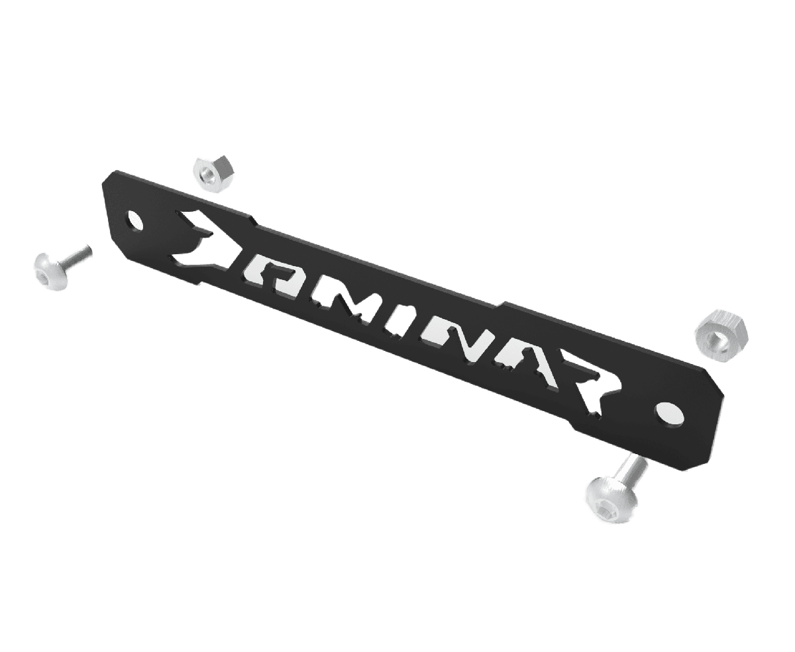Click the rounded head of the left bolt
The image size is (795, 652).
[x=51, y=271]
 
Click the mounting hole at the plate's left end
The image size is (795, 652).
[x=136, y=220]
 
